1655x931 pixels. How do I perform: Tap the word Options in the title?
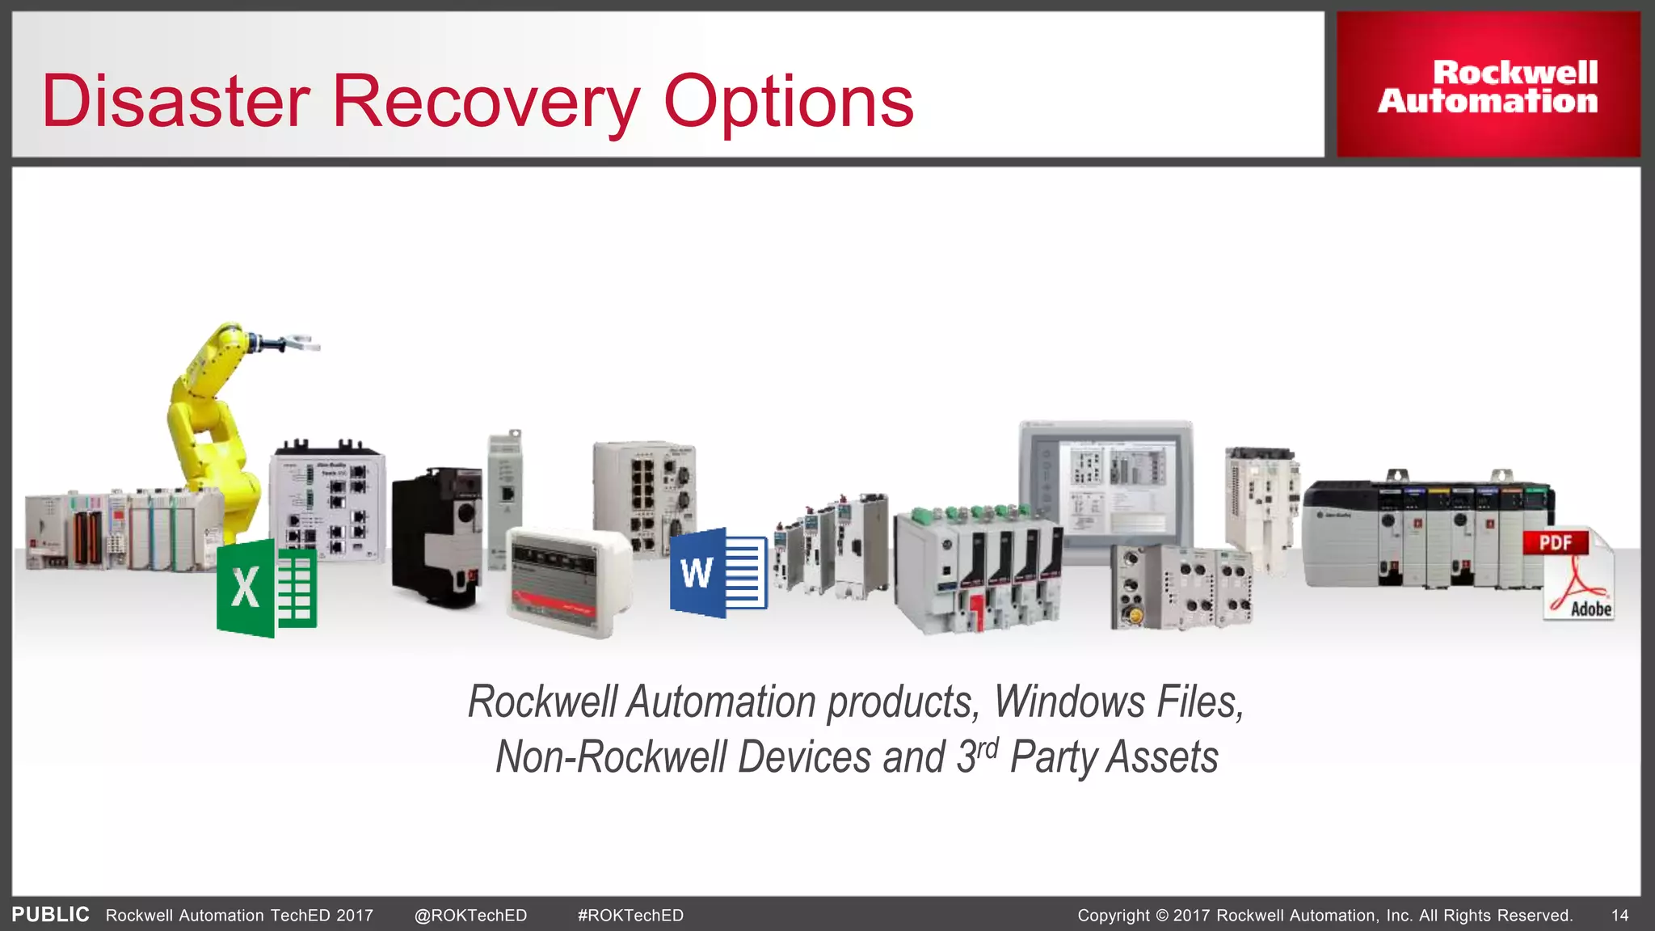(788, 103)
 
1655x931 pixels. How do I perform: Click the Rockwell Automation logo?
(1488, 86)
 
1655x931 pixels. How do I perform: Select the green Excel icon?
(267, 588)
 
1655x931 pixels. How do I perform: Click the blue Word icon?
(718, 573)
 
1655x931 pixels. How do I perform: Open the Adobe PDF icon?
(1575, 574)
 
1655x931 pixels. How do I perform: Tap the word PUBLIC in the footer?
(51, 915)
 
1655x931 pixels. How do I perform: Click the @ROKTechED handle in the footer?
(470, 916)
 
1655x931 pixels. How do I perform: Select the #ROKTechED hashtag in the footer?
(630, 916)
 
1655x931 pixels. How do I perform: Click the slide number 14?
(1619, 916)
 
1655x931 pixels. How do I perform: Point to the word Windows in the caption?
(1069, 701)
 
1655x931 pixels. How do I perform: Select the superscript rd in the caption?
(988, 748)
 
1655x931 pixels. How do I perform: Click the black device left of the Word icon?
(436, 537)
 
